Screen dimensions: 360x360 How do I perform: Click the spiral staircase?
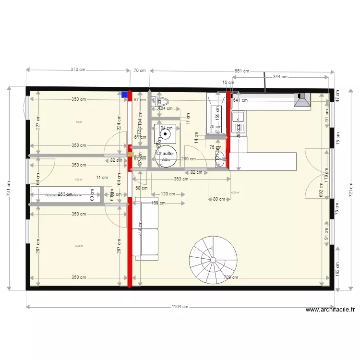click(x=213, y=260)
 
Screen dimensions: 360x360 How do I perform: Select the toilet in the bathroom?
click(x=159, y=101)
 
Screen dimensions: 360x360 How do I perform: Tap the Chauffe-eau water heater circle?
click(x=166, y=156)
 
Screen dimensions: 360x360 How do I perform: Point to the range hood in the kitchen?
click(x=302, y=99)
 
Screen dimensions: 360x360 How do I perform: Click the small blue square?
click(x=125, y=95)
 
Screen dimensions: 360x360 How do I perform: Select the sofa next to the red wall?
click(x=146, y=228)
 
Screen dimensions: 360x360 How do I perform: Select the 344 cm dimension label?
click(x=280, y=77)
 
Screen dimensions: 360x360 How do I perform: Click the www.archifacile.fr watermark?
click(x=330, y=310)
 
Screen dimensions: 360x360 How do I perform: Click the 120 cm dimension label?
click(x=168, y=194)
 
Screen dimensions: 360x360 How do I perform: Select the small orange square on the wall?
click(x=130, y=155)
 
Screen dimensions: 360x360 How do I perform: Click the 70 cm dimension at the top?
click(x=140, y=71)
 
